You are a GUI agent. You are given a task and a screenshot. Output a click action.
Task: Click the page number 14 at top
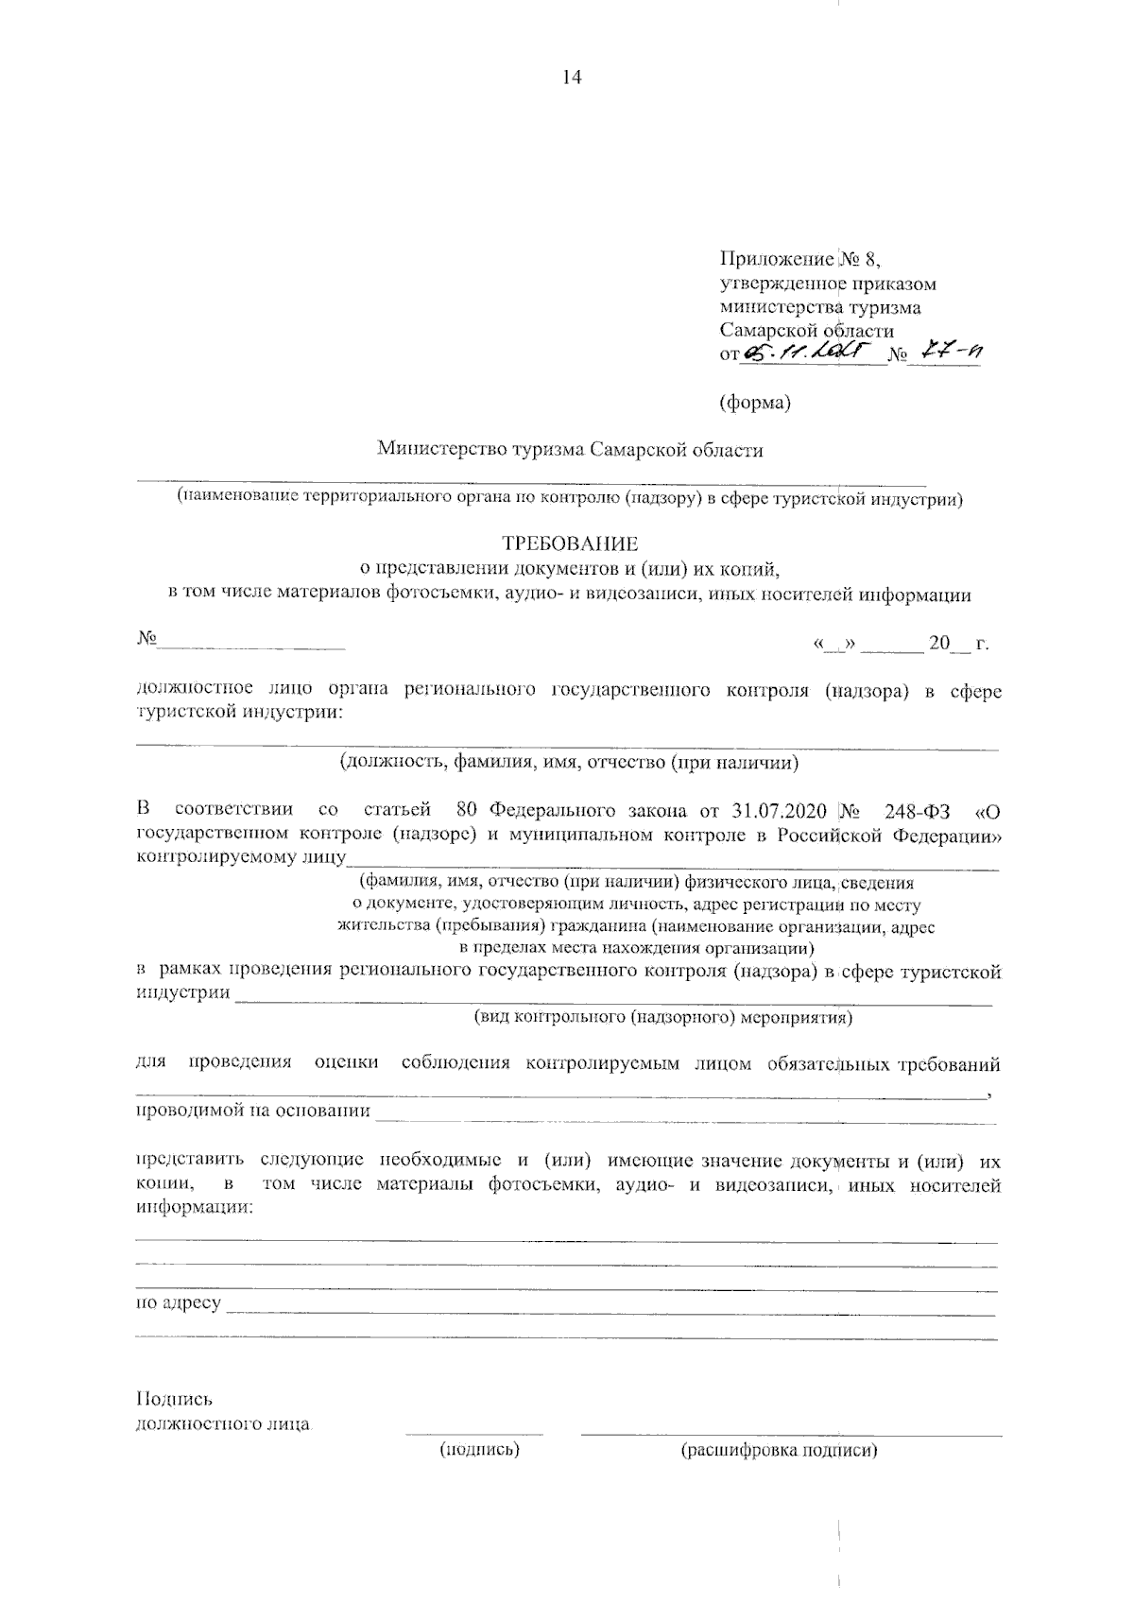coord(571,78)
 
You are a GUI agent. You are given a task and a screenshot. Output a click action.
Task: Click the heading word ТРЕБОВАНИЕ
coord(570,543)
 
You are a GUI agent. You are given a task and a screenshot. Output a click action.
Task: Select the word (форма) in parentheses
coord(754,403)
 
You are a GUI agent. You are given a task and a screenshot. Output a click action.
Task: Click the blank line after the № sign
coord(251,645)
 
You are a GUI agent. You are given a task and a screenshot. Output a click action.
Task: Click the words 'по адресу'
coord(180,1303)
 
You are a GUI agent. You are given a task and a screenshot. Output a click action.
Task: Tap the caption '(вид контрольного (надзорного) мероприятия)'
coord(662,1017)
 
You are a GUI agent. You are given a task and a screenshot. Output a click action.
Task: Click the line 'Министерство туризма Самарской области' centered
coord(570,450)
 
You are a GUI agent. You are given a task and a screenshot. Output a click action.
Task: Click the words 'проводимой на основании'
coord(253,1111)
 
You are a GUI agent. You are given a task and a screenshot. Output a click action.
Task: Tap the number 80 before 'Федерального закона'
coord(466,811)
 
